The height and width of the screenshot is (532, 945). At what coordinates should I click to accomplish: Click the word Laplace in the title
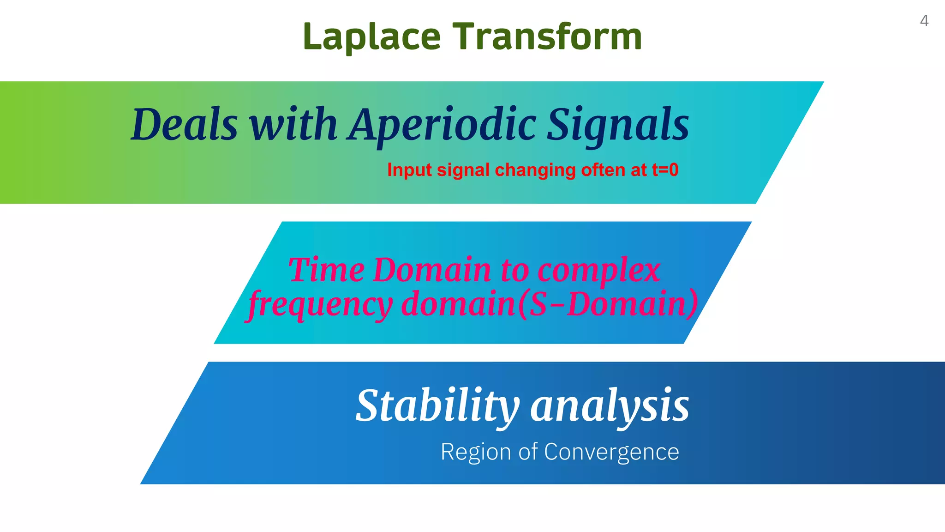click(x=372, y=36)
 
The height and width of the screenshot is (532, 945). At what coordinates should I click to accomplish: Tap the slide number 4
click(x=924, y=21)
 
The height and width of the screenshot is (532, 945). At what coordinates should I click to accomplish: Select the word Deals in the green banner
click(x=184, y=125)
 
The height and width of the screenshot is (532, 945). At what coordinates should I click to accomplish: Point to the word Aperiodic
click(x=443, y=125)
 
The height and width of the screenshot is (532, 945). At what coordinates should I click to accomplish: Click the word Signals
click(x=618, y=125)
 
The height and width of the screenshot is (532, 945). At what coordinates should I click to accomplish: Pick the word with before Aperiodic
click(x=293, y=125)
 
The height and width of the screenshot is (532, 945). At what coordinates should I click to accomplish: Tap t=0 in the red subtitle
click(x=665, y=170)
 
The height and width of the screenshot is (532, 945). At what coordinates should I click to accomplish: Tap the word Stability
click(x=437, y=406)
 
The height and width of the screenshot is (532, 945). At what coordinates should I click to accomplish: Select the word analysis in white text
click(x=610, y=406)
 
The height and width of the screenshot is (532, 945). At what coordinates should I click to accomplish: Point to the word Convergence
click(x=611, y=452)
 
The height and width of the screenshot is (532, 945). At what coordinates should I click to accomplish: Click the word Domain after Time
click(x=432, y=270)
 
